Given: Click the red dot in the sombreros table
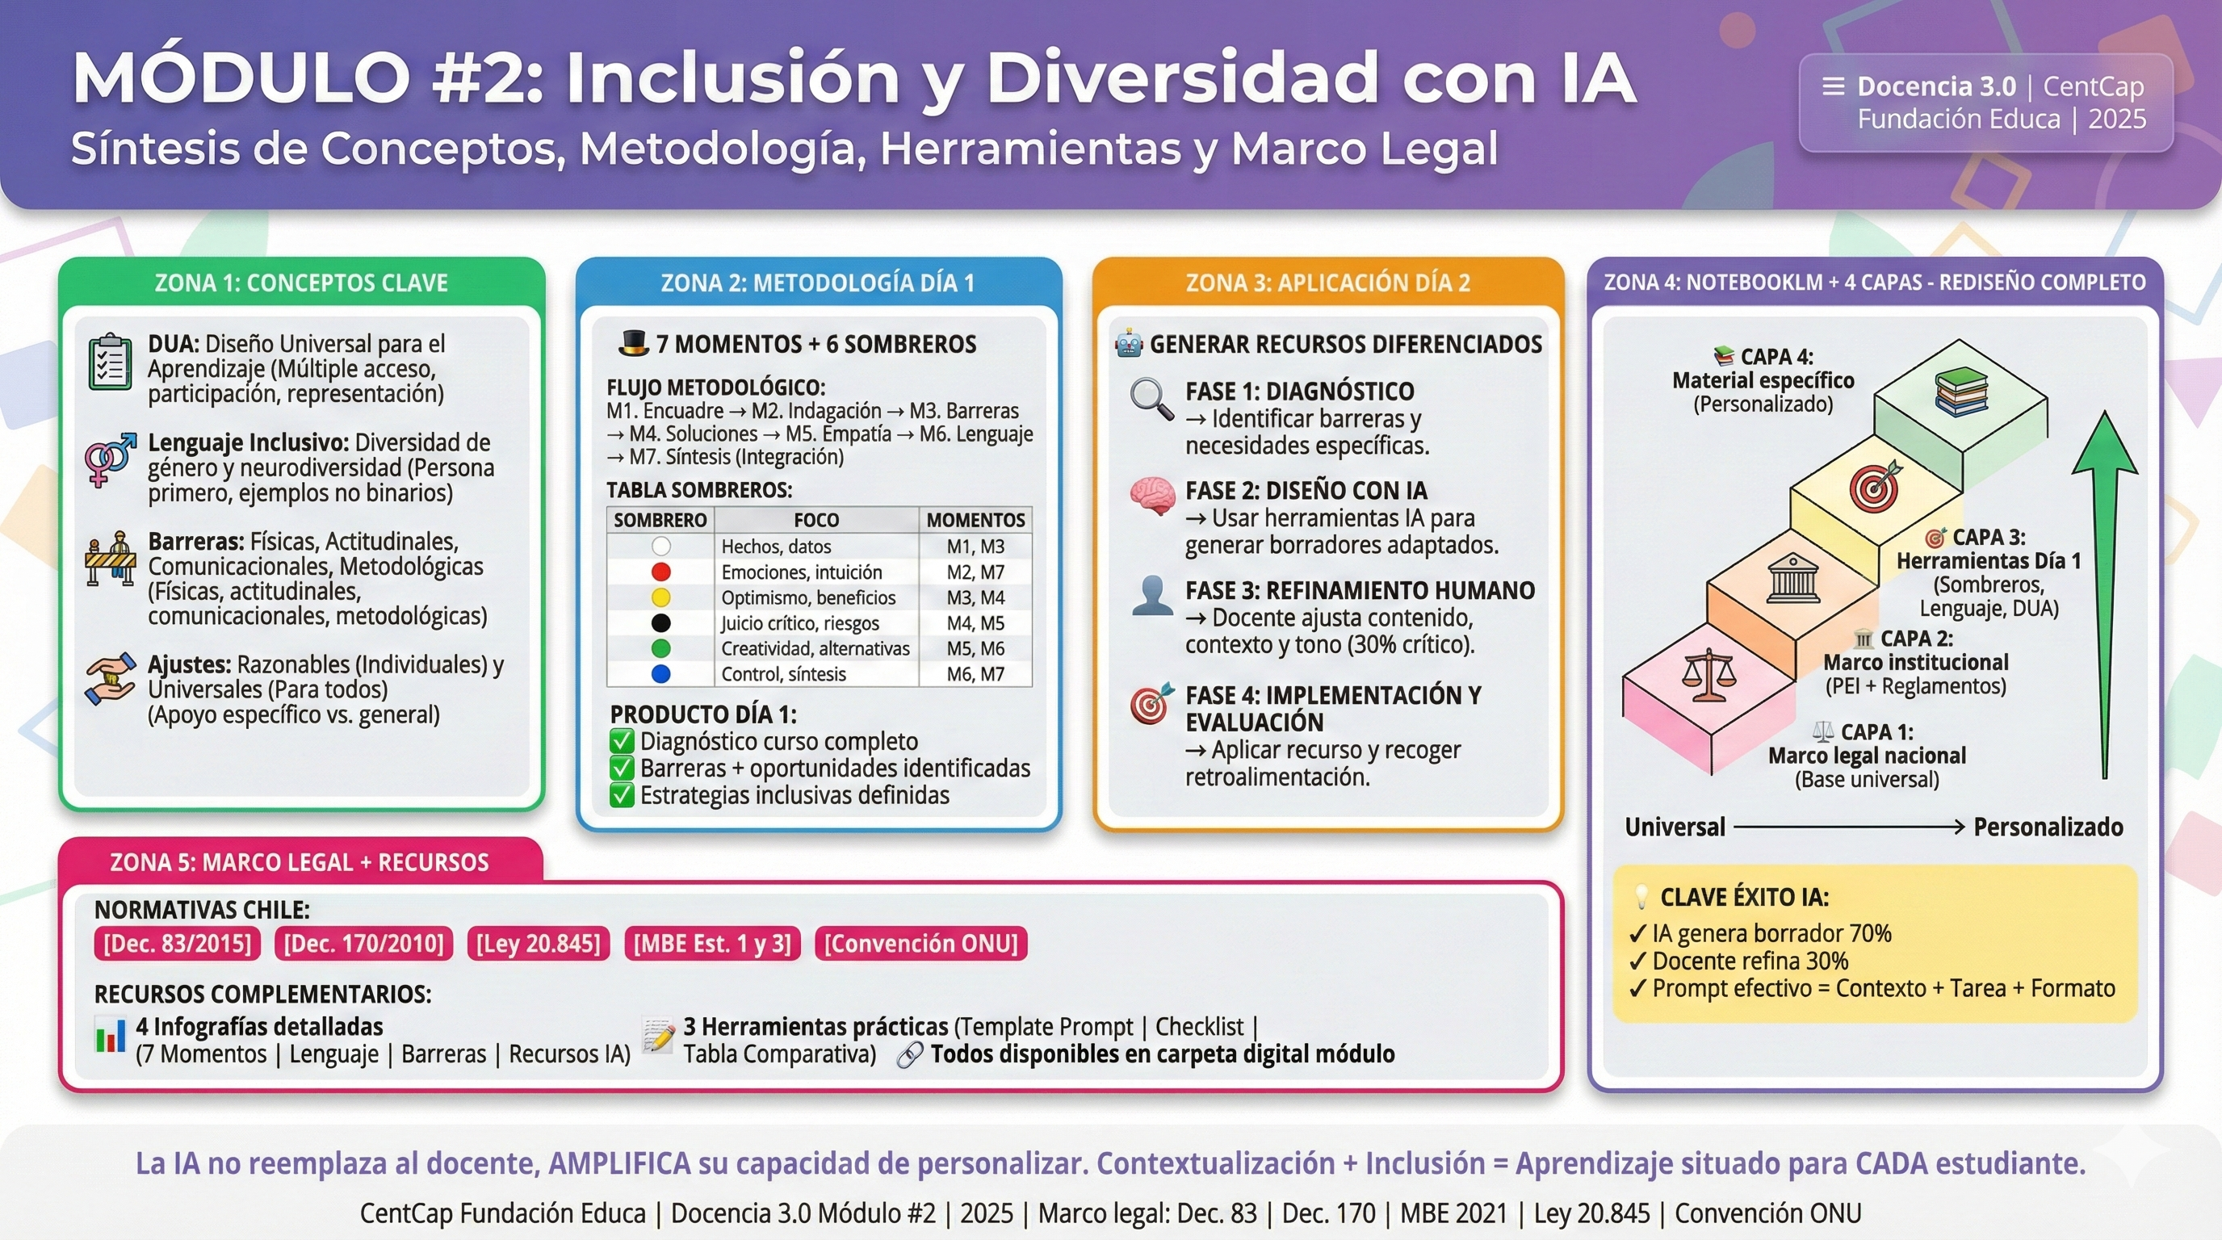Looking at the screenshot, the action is click(660, 572).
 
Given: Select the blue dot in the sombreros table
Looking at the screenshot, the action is click(660, 674).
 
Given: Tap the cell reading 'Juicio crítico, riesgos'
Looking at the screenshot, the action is click(799, 623).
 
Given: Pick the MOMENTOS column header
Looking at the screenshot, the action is click(975, 520).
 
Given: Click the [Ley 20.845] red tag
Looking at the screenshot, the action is click(539, 944).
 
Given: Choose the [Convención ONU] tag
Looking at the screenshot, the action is click(920, 944).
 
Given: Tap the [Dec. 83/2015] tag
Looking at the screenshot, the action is click(178, 944).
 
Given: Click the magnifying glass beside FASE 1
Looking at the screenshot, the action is click(1151, 400).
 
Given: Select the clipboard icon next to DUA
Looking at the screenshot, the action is click(111, 362).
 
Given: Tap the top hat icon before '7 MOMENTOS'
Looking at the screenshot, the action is click(633, 342).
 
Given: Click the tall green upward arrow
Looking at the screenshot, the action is click(2105, 595).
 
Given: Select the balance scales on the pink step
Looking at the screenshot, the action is click(1708, 675).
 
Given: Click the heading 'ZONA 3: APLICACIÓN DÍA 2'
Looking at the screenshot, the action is click(1327, 283).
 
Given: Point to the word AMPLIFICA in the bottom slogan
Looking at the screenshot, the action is click(619, 1163).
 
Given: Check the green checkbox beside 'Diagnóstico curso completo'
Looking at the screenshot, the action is click(622, 742).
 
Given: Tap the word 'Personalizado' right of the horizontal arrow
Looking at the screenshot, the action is click(2048, 827).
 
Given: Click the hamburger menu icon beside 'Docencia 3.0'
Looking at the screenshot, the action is click(1833, 86).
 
